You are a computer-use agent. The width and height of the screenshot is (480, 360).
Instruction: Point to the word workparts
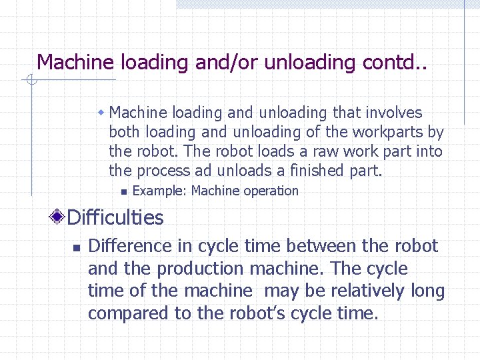384,132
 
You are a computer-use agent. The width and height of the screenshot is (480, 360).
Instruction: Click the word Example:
160,191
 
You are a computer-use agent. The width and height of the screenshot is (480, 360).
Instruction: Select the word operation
271,191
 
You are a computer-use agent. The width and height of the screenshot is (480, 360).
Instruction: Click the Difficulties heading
115,217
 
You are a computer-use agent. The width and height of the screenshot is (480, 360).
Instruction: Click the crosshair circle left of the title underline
31,81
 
